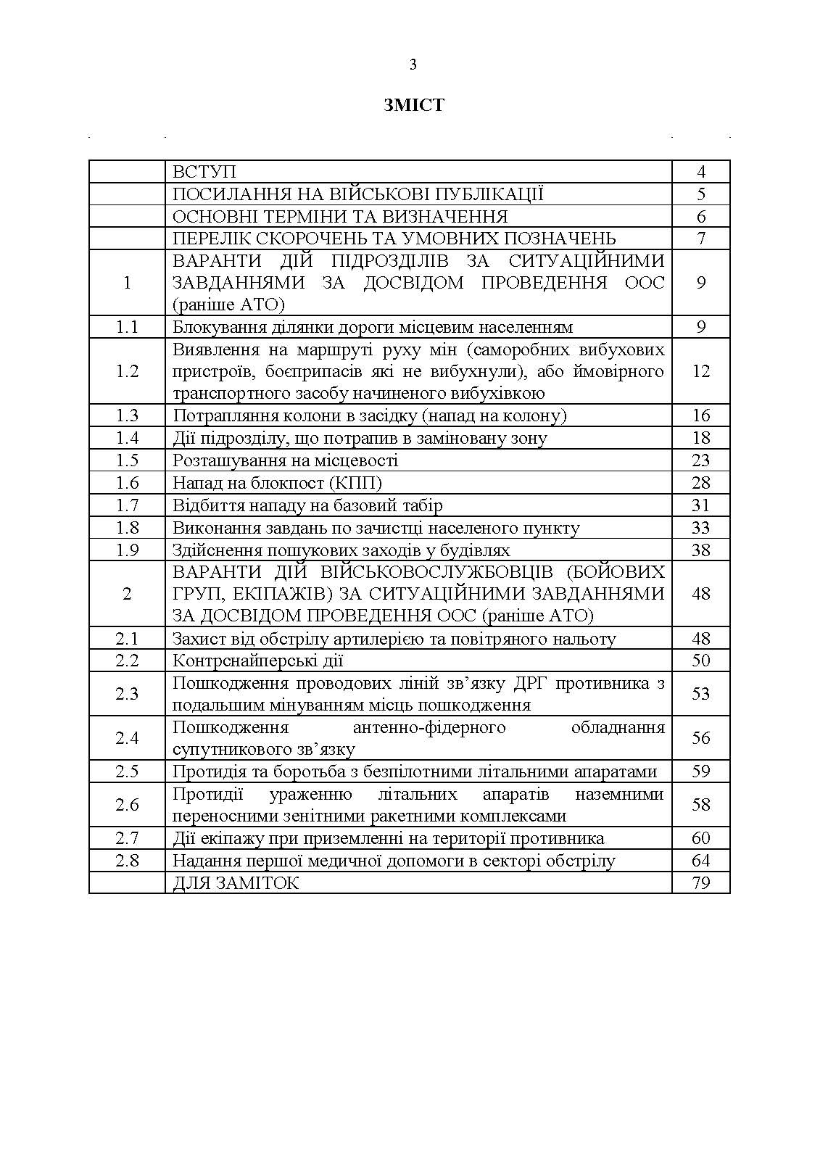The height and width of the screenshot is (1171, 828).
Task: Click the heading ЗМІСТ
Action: [413, 106]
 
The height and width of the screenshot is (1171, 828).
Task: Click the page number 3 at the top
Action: [413, 65]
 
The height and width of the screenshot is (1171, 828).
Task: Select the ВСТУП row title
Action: [204, 172]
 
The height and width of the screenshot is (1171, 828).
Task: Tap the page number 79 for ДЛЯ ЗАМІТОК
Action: [700, 882]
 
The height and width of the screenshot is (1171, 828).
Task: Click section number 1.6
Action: [127, 483]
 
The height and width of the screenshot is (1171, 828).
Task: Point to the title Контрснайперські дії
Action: [257, 661]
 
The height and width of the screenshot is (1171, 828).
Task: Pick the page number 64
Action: [700, 861]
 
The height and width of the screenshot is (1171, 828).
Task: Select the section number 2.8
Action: [127, 861]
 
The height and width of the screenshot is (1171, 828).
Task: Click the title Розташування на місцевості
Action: [285, 460]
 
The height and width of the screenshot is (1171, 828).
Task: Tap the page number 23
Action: [700, 460]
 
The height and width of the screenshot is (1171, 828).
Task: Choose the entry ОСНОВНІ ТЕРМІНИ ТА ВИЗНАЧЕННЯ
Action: [340, 217]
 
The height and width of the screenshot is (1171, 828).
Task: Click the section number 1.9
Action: [127, 550]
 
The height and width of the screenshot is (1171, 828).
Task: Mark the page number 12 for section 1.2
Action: [700, 371]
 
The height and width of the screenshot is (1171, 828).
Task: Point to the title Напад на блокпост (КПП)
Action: [277, 483]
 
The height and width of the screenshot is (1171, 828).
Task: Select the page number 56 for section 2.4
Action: [700, 738]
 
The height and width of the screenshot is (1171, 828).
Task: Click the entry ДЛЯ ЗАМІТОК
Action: [236, 882]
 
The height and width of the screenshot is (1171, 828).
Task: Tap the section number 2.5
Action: [127, 771]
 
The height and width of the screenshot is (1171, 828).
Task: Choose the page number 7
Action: [700, 239]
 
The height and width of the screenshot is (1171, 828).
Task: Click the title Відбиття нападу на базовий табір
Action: [307, 505]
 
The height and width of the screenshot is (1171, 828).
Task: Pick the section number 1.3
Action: [127, 415]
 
